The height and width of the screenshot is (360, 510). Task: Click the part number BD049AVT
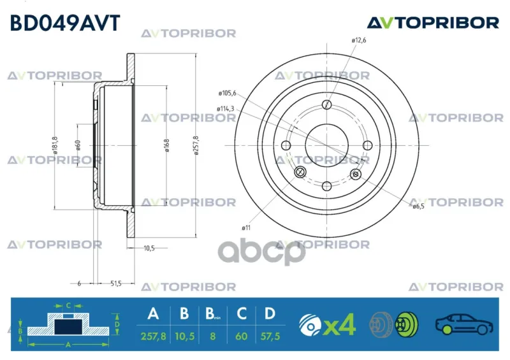(x=66, y=23)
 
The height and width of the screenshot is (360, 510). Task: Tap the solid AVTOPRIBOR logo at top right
(x=433, y=23)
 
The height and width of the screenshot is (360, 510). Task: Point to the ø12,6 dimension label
(x=359, y=40)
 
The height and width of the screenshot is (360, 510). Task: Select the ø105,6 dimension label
(x=228, y=93)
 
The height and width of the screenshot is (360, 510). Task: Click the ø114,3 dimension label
(x=226, y=109)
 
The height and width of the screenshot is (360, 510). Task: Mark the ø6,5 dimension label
(x=419, y=206)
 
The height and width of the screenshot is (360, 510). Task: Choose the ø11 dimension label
(x=246, y=228)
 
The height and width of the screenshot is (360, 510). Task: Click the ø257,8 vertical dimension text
(x=196, y=145)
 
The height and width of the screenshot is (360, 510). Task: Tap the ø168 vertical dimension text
(x=167, y=145)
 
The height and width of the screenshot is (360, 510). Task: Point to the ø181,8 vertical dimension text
(x=55, y=145)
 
